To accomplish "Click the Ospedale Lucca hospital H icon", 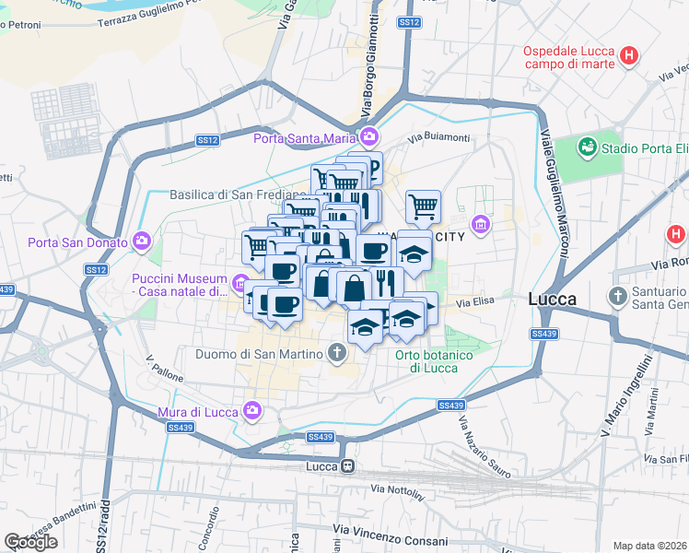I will [629, 55].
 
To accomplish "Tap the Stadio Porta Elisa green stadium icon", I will [587, 147].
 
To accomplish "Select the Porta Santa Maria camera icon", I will [369, 138].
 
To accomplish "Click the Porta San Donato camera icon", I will [141, 242].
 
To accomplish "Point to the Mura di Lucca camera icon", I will [253, 410].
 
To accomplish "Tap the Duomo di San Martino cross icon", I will [338, 352].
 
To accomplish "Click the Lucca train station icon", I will [346, 466].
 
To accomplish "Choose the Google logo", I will [30, 542].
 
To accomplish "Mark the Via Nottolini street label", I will [398, 491].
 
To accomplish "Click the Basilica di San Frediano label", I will [237, 194].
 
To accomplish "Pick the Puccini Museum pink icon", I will [240, 282].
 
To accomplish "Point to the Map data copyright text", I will [650, 545].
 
